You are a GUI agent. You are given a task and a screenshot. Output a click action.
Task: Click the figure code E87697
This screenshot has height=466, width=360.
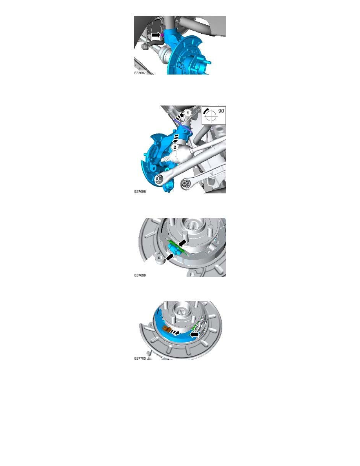click(x=140, y=73)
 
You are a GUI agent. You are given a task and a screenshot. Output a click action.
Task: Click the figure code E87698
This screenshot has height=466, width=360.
click(x=140, y=191)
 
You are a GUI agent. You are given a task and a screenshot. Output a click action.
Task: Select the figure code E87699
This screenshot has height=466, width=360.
click(x=140, y=275)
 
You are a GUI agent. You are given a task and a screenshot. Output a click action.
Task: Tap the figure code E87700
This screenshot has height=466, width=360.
click(x=140, y=359)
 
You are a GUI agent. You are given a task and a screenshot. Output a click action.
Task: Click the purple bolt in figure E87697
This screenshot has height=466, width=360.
click(x=162, y=35)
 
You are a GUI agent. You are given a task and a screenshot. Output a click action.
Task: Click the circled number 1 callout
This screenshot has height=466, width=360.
click(x=187, y=113)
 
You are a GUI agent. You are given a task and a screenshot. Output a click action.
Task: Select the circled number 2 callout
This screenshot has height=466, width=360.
click(x=175, y=147)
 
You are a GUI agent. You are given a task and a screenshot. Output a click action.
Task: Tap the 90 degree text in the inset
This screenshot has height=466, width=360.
click(x=221, y=111)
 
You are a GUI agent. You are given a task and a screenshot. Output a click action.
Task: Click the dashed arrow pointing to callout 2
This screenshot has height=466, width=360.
click(x=176, y=138)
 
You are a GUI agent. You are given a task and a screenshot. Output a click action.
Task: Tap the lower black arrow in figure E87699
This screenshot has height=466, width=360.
click(x=169, y=257)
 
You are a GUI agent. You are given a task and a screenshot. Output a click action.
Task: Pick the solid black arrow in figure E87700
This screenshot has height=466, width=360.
click(x=195, y=335)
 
